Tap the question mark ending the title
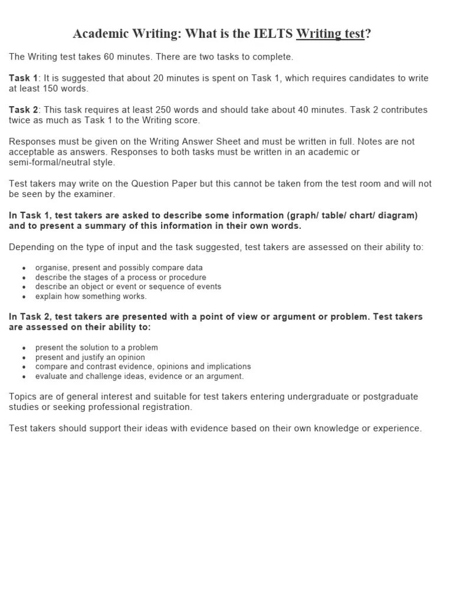click(368, 34)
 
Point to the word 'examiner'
click(94, 194)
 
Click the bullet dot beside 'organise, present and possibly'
click(24, 268)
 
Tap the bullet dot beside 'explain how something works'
click(24, 297)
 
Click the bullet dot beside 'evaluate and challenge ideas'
click(24, 376)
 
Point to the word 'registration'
click(165, 407)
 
